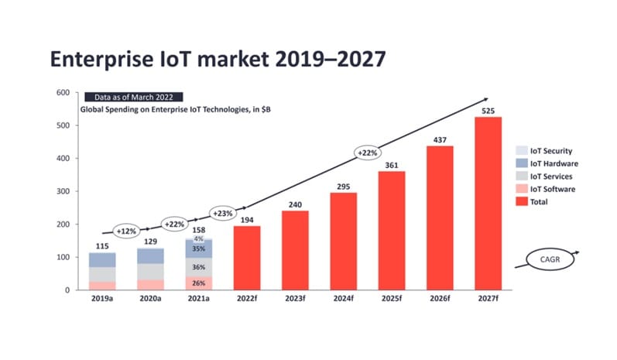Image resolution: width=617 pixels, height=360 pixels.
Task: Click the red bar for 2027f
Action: [x=488, y=203]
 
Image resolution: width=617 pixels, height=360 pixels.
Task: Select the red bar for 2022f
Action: [x=247, y=258]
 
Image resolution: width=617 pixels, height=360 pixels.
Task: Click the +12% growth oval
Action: [x=125, y=231]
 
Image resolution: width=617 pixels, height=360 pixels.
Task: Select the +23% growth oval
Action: [x=224, y=212]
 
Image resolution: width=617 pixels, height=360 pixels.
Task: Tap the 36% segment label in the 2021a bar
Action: [x=198, y=267]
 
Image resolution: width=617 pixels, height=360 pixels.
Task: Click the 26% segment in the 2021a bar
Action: [x=198, y=283]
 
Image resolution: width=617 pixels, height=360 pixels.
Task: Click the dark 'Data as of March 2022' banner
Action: [x=133, y=98]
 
